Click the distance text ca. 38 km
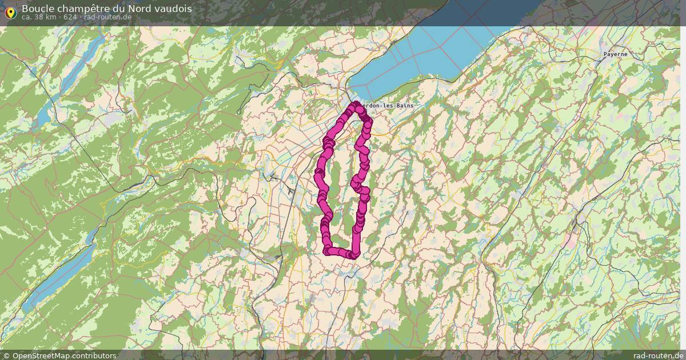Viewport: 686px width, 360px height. point(39,17)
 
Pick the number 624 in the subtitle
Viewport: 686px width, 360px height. point(70,17)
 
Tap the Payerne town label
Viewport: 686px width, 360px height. point(615,54)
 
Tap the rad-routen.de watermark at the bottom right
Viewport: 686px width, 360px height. point(658,355)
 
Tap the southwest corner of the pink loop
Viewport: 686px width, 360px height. point(328,251)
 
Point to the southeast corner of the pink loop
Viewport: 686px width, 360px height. point(356,255)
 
